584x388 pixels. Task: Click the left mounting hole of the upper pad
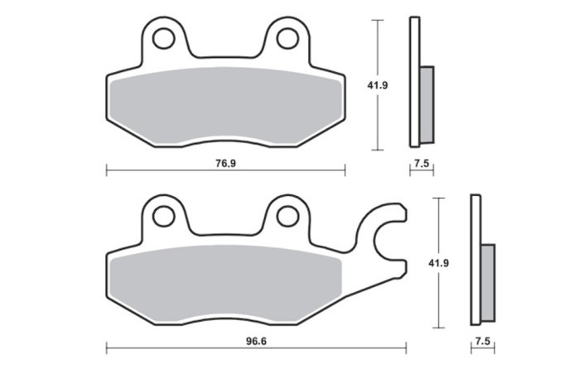pos(164,38)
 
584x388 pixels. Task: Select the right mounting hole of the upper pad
pos(287,38)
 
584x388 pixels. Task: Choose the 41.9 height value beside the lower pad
pos(439,262)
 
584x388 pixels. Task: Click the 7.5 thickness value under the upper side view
pos(421,164)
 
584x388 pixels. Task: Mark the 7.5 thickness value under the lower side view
pos(482,340)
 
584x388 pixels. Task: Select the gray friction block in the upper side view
pos(427,103)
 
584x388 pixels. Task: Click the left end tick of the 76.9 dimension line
pos(107,171)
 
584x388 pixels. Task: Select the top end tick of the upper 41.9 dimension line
pos(379,20)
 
